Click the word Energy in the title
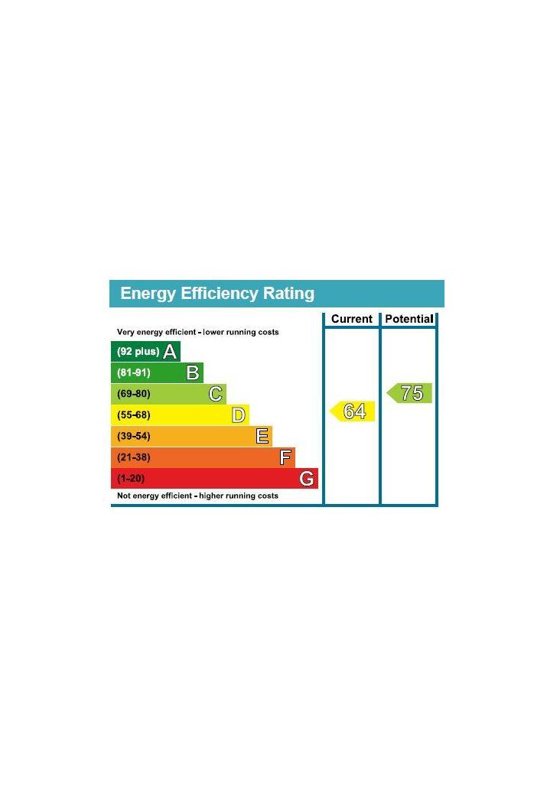[148, 294]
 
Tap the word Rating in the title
[288, 294]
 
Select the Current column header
[352, 319]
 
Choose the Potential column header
[409, 319]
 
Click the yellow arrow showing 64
[353, 411]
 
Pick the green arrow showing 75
[410, 393]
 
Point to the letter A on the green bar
[170, 352]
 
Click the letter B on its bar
[193, 373]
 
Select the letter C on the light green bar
[216, 395]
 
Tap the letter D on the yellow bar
[239, 415]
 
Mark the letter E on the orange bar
[262, 437]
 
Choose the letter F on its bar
[285, 458]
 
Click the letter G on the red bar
[306, 479]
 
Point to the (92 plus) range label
[138, 352]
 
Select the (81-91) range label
[134, 373]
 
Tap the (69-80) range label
[134, 395]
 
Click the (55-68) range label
[134, 415]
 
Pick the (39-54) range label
[134, 437]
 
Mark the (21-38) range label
[134, 457]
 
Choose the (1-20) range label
[131, 479]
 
